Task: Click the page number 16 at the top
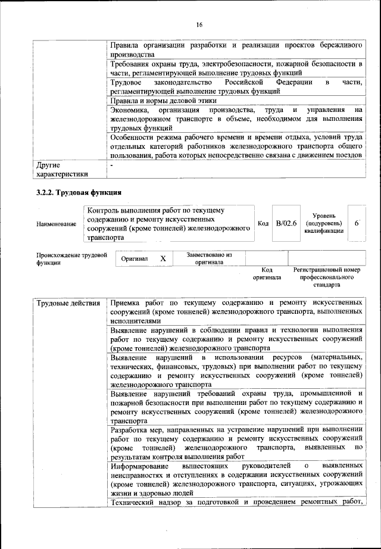[199, 24]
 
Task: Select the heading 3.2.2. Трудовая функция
[79, 192]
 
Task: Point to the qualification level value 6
[355, 223]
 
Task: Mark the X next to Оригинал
[163, 259]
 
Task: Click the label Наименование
[57, 224]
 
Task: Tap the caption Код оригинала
[266, 273]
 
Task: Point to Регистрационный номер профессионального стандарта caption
[327, 277]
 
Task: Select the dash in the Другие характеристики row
[111, 164]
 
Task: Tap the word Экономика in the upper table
[132, 111]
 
